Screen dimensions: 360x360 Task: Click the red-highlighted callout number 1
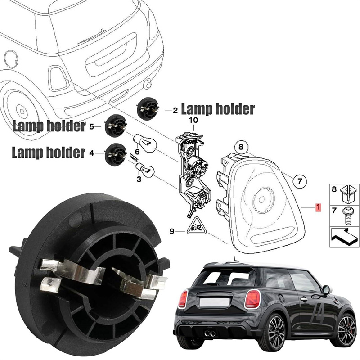tap(318, 207)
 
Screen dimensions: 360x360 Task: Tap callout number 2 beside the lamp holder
tap(175, 111)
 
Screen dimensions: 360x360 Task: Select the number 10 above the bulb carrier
tap(193, 120)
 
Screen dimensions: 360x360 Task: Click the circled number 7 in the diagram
tap(300, 181)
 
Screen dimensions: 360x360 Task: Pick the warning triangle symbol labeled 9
tap(196, 226)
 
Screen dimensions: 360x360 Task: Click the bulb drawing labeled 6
tap(145, 142)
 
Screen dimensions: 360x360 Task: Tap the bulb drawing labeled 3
tap(145, 170)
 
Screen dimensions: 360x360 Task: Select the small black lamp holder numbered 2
tap(148, 108)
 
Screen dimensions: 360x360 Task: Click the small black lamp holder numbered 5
tap(116, 126)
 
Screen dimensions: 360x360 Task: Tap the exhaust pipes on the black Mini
tap(210, 333)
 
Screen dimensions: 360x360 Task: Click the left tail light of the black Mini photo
tap(183, 299)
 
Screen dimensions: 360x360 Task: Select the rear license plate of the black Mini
tap(214, 302)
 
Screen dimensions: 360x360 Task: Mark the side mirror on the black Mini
tap(326, 290)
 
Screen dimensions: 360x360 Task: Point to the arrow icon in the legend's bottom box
tap(344, 237)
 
